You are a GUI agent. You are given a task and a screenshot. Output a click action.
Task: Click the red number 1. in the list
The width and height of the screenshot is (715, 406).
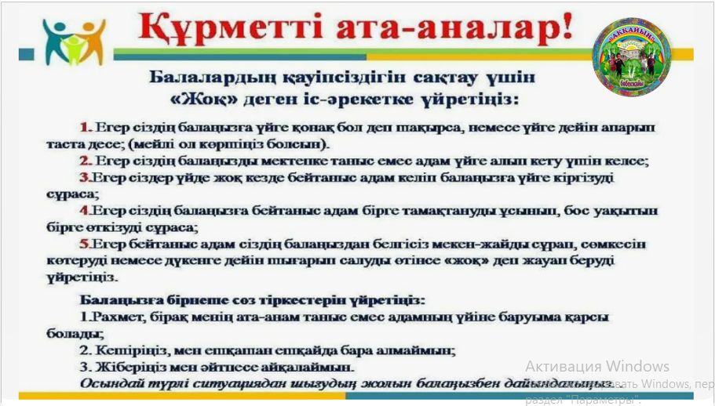point(86,127)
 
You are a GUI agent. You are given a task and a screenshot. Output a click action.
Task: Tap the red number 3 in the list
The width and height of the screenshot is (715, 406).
point(84,178)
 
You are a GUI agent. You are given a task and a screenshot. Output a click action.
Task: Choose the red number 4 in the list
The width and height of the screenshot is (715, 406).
point(84,212)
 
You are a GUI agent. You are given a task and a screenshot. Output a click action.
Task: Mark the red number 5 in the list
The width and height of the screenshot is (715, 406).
point(84,245)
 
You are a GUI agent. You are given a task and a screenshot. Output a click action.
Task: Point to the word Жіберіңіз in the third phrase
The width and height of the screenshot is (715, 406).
point(129,367)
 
